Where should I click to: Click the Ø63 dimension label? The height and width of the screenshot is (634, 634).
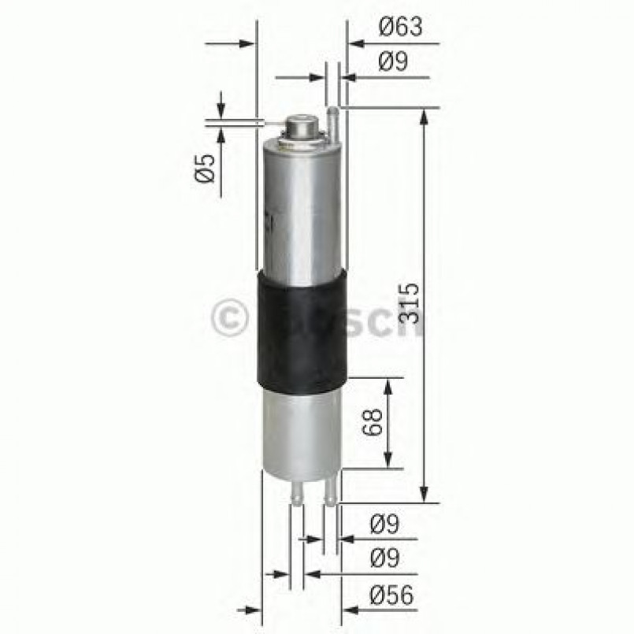400,28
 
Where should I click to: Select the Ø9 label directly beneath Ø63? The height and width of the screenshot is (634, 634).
392,61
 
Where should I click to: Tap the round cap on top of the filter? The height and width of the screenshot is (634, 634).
301,126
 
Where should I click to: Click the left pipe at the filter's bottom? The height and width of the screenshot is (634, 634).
296,492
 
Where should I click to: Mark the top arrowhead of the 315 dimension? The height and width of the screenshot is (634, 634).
425,117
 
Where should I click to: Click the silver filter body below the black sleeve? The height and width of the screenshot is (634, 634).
302,433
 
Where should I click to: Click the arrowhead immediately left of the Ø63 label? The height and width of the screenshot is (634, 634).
355,43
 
